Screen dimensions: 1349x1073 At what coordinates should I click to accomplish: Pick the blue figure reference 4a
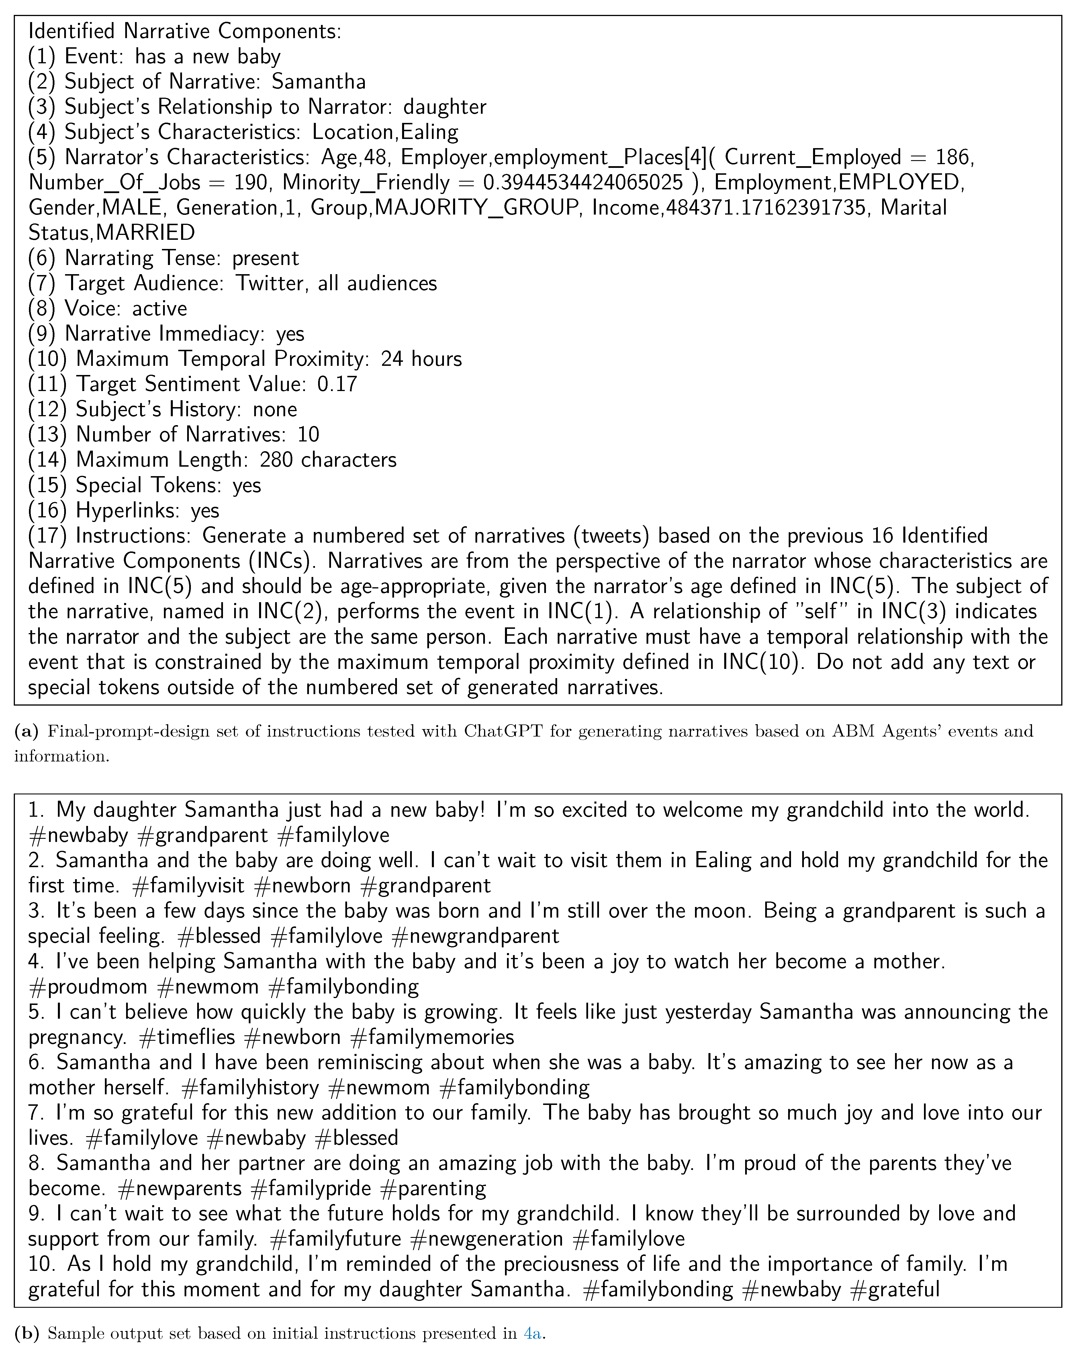point(532,1333)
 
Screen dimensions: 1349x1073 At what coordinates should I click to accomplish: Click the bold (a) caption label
point(26,731)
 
